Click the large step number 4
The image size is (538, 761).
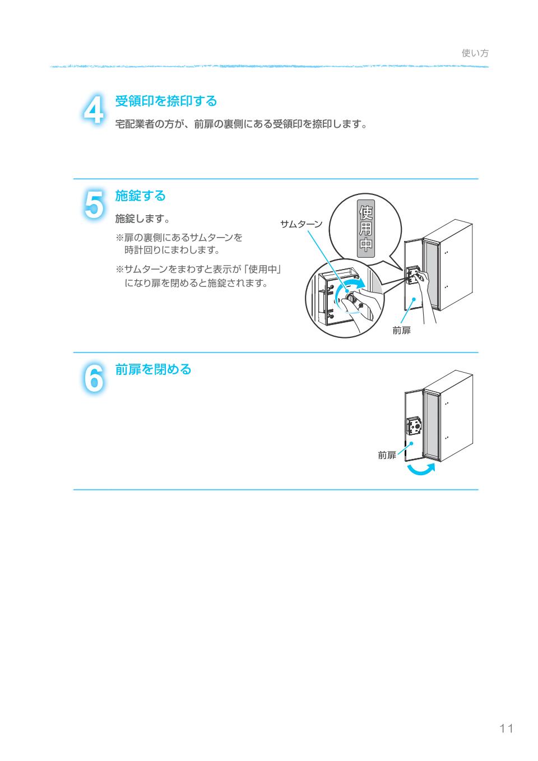pos(94,110)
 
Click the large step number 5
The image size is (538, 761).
pos(94,205)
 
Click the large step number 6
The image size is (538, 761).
pos(94,378)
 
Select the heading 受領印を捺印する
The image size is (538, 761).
pos(166,101)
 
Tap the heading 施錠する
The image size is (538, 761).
pos(140,196)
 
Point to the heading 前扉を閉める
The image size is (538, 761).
pos(153,370)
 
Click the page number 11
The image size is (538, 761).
pos(506,728)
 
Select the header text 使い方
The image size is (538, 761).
pos(475,53)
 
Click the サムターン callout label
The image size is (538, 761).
pos(301,224)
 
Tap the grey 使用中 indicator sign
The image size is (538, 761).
pos(365,229)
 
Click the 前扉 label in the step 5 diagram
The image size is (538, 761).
pos(401,331)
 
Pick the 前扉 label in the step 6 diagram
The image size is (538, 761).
pos(387,455)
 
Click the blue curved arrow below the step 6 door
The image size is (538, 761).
pos(420,470)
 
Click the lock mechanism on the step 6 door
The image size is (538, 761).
pos(415,427)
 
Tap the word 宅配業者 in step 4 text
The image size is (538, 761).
pos(134,124)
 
